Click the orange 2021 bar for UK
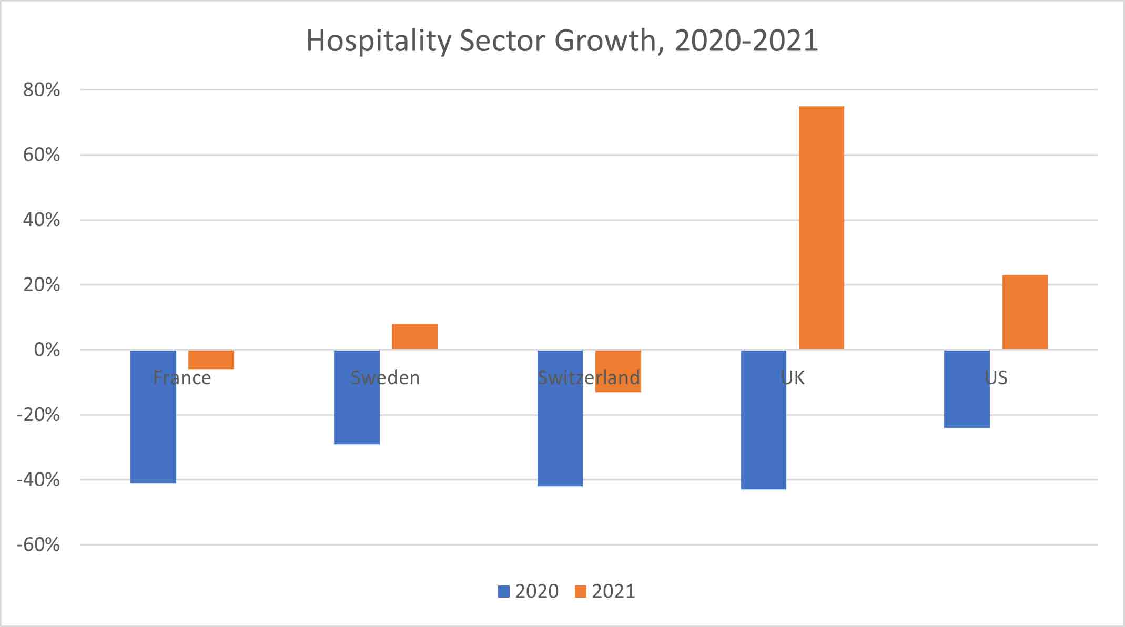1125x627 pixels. (x=821, y=228)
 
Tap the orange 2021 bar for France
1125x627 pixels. (x=211, y=360)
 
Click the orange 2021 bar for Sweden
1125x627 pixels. (x=414, y=336)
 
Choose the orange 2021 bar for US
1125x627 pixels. (x=1025, y=312)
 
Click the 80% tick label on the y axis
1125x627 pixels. (x=42, y=90)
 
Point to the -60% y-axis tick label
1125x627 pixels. (x=38, y=544)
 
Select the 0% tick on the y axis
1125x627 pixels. (x=47, y=350)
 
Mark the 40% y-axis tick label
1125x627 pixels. (x=42, y=220)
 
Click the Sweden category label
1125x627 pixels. (x=385, y=378)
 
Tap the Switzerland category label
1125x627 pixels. (x=589, y=378)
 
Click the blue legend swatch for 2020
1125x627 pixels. (x=504, y=592)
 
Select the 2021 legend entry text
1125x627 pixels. (x=613, y=592)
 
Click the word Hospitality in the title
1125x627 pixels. (x=379, y=41)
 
